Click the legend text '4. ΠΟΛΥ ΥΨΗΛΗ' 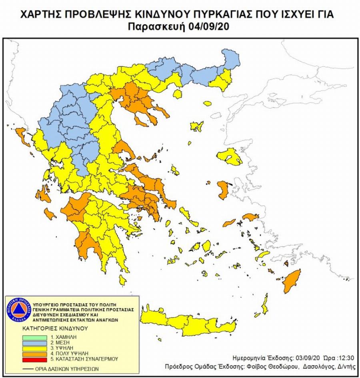pos(65,354)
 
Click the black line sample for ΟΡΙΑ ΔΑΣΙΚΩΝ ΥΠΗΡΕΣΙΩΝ pos(28,368)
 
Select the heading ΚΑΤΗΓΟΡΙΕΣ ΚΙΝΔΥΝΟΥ pos(54,328)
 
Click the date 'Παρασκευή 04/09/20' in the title pos(180,27)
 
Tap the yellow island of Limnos pos(197,127)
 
